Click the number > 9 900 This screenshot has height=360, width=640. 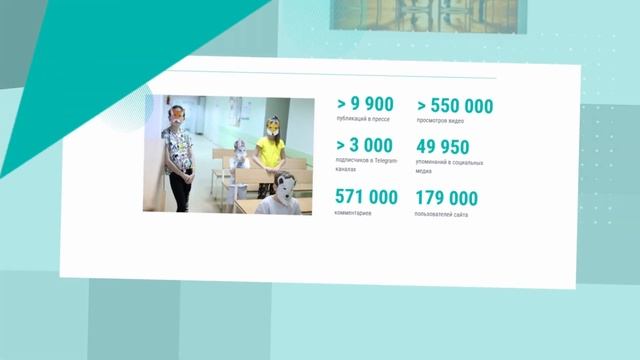(x=364, y=103)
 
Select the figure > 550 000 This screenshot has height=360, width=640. (x=455, y=105)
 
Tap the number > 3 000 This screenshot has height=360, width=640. (x=364, y=146)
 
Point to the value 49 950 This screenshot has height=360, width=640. (x=442, y=148)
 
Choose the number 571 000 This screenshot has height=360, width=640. (x=366, y=197)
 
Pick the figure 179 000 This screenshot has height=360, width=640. (x=446, y=198)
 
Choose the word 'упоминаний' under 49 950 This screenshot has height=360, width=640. (x=431, y=161)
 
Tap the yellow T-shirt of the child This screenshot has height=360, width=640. (x=269, y=152)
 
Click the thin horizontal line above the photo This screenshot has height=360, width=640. (x=330, y=76)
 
